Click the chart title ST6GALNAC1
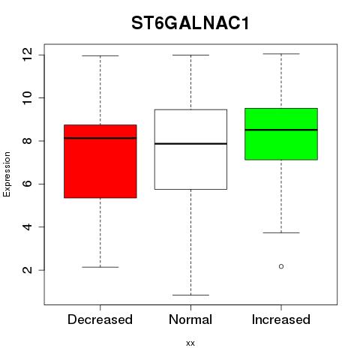tap(190, 23)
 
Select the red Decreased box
tap(100, 161)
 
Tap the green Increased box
tap(281, 134)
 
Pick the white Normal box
tap(190, 149)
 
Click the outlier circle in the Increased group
tap(281, 266)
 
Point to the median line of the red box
tap(100, 138)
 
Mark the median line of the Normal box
tap(190, 144)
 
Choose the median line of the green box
tap(281, 130)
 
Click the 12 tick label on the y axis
tap(27, 55)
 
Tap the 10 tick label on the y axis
tap(27, 97)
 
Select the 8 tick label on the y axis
tap(27, 141)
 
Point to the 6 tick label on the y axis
tap(27, 184)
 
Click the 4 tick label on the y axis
tap(27, 226)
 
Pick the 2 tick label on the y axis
tap(27, 270)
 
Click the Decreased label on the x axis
tap(100, 319)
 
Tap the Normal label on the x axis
tap(190, 319)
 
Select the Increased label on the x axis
tap(281, 319)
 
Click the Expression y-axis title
tap(7, 174)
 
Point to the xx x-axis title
tap(190, 343)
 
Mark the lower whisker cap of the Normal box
tap(190, 295)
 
